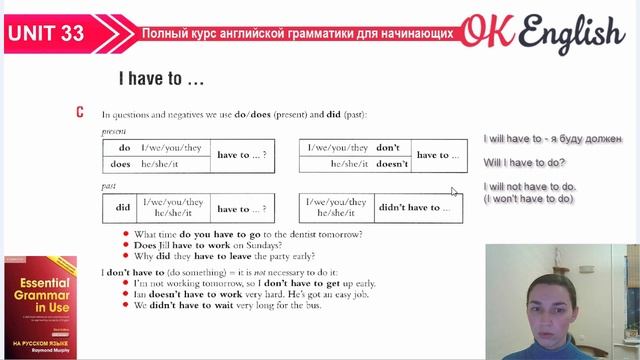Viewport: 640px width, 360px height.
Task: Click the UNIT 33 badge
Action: pos(46,33)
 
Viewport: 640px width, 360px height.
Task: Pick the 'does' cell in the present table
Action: pos(121,163)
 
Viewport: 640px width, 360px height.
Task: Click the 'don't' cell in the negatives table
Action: pos(388,148)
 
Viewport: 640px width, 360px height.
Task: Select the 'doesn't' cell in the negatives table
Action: pos(391,163)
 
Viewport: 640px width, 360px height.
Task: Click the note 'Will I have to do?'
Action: pos(523,163)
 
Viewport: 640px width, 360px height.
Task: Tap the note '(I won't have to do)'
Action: pos(528,198)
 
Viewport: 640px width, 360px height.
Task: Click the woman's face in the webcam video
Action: pos(556,286)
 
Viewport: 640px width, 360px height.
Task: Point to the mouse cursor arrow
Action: pos(454,191)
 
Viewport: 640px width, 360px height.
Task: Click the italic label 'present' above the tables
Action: pos(114,131)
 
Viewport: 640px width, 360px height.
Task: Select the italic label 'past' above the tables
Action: pos(109,187)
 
